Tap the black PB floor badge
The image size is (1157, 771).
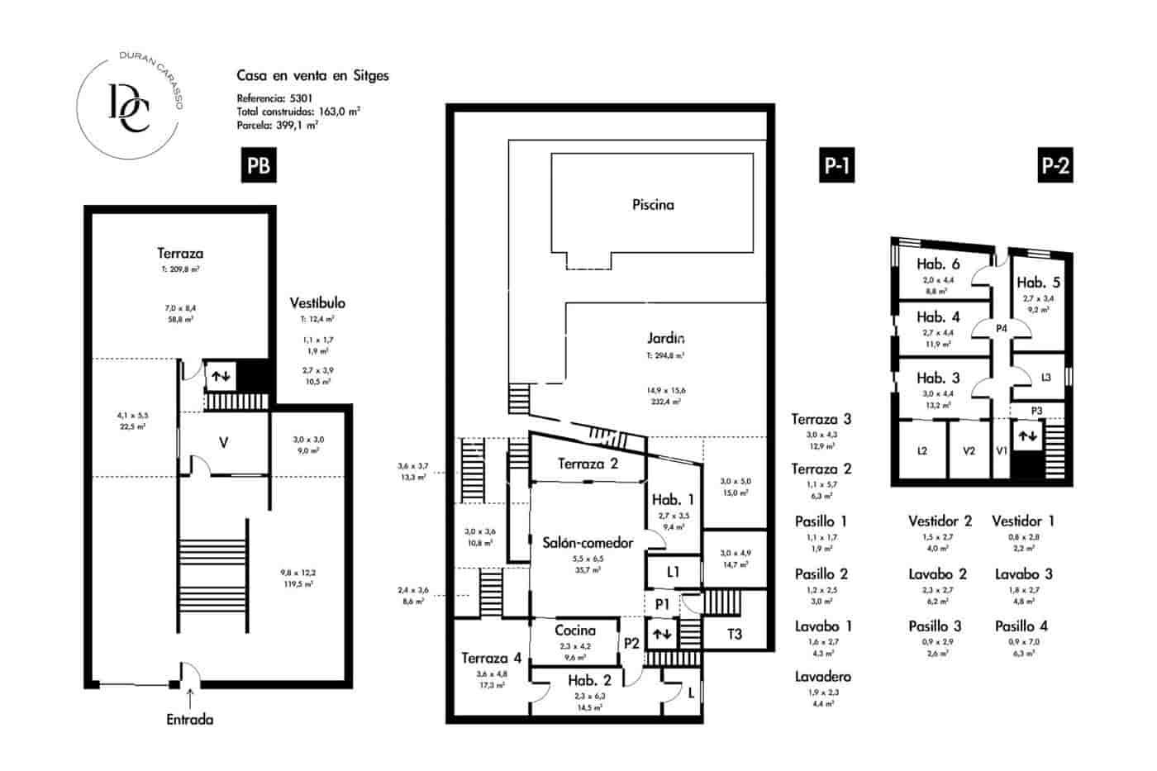(x=258, y=166)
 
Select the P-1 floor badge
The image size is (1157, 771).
(x=836, y=166)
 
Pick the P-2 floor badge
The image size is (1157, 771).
(x=1055, y=166)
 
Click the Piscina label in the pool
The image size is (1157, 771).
(x=653, y=204)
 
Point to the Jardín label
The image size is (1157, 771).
(x=666, y=337)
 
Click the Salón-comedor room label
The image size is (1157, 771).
(x=588, y=543)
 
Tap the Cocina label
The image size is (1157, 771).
(x=574, y=630)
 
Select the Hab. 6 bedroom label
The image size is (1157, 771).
(x=938, y=264)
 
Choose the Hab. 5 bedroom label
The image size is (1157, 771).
(x=1038, y=283)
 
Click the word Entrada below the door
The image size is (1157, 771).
(x=190, y=720)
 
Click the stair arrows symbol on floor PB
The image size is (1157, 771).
(x=221, y=376)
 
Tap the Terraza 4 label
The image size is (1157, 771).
(x=491, y=659)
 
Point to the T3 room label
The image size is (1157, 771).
(x=734, y=634)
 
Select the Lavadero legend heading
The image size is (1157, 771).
(x=822, y=677)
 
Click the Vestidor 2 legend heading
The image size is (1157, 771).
(x=940, y=521)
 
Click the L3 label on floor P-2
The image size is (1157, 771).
(x=1045, y=378)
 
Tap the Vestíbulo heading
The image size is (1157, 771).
(x=317, y=302)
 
